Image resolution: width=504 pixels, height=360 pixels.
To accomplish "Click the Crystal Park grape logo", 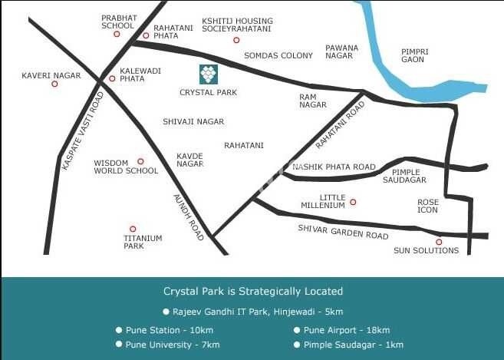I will click(x=208, y=74).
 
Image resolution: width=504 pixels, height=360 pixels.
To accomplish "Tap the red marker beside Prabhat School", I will click(x=117, y=34).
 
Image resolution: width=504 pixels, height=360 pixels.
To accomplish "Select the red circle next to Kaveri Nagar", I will click(x=54, y=84).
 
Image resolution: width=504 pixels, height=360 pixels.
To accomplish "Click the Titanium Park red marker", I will click(x=133, y=229).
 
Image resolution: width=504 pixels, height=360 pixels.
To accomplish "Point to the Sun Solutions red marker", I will click(x=439, y=242).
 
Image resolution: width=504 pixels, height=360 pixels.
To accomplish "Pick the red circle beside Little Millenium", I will click(x=353, y=202).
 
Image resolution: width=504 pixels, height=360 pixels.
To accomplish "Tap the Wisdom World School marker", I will click(x=140, y=161).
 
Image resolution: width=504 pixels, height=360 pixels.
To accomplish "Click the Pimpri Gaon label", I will click(x=414, y=55).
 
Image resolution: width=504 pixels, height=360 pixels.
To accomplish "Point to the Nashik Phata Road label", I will click(x=334, y=167).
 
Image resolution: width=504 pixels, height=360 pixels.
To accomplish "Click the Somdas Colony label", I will click(x=278, y=55).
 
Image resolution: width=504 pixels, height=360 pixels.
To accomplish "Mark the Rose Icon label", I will click(x=427, y=206).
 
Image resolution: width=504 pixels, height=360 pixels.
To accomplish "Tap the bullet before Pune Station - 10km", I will click(x=119, y=330).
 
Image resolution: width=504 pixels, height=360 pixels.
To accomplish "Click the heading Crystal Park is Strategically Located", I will click(x=253, y=292).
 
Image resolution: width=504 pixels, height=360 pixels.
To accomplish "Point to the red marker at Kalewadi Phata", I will click(x=112, y=78).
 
